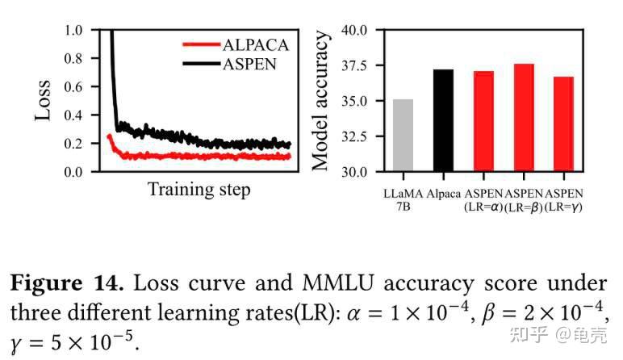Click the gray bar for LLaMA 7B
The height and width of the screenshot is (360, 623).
pos(403,136)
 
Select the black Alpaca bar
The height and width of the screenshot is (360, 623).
pos(443,121)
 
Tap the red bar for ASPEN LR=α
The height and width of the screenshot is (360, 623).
pos(483,122)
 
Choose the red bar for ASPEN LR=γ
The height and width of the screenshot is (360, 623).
pos(563,124)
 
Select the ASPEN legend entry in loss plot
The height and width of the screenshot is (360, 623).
pos(249,63)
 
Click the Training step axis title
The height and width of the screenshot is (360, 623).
pos(199,190)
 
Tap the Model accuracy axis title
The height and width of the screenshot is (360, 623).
pos(320,100)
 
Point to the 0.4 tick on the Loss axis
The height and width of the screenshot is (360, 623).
pos(74,115)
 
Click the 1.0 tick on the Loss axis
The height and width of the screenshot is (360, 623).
pos(74,31)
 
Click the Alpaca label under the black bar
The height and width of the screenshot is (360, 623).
pos(443,194)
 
